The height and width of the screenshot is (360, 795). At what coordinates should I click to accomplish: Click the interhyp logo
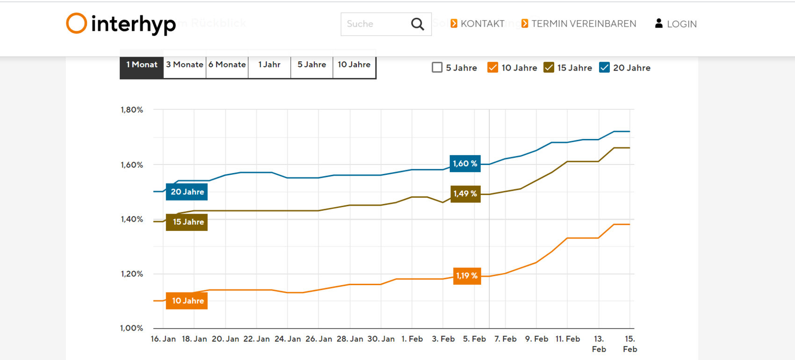coord(121,24)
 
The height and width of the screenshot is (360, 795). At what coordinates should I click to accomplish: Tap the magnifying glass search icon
coord(417,24)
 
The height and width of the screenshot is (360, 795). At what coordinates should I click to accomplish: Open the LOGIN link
coord(676,24)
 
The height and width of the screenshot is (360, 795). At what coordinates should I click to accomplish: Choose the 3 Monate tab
coord(185,65)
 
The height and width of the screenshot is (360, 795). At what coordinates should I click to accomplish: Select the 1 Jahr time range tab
coord(269,65)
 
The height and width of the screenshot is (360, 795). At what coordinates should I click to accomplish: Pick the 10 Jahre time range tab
coord(354,65)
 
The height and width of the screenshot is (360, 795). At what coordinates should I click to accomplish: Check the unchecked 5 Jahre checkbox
coord(437,67)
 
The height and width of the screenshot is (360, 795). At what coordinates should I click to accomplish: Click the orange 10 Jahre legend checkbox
coord(492,67)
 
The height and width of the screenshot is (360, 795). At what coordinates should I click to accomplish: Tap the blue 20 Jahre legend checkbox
coord(604,67)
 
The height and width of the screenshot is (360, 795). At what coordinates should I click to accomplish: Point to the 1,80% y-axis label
coord(132,110)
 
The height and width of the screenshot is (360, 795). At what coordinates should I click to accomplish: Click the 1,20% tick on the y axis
coord(132,274)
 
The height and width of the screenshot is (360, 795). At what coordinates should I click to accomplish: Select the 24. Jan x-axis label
coord(288,339)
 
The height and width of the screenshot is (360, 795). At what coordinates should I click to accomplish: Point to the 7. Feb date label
coord(506,339)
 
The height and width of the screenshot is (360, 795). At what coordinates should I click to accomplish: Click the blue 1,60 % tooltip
coord(465,164)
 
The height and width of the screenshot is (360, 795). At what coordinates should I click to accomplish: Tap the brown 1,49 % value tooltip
coord(465,194)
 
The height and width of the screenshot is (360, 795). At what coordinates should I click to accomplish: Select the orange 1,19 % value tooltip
coord(467,276)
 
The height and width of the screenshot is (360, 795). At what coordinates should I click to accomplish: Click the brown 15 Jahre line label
coord(187,222)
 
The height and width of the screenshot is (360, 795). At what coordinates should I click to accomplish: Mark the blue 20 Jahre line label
coord(187,192)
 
